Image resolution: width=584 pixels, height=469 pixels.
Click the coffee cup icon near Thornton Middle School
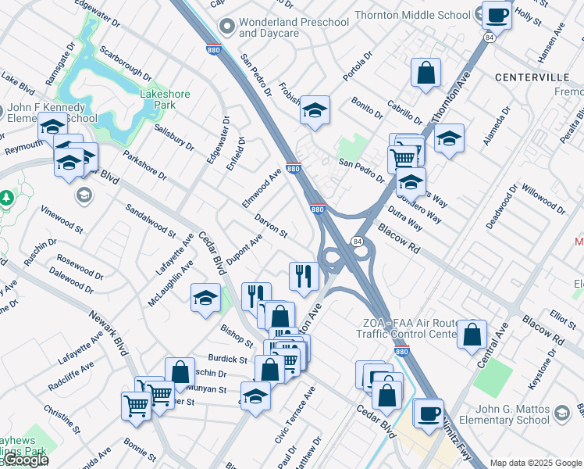[x=497, y=14]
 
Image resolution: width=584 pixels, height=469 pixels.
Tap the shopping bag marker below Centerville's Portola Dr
[x=426, y=73]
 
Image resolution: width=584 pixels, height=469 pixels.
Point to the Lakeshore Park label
[x=164, y=99]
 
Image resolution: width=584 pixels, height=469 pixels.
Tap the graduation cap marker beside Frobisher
[x=315, y=110]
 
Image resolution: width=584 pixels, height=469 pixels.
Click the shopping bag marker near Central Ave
[x=472, y=335]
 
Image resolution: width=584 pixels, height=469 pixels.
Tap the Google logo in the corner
[x=26, y=460]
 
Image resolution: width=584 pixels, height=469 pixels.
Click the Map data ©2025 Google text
[x=536, y=463]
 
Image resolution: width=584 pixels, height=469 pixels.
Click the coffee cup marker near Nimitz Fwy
[x=428, y=413]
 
